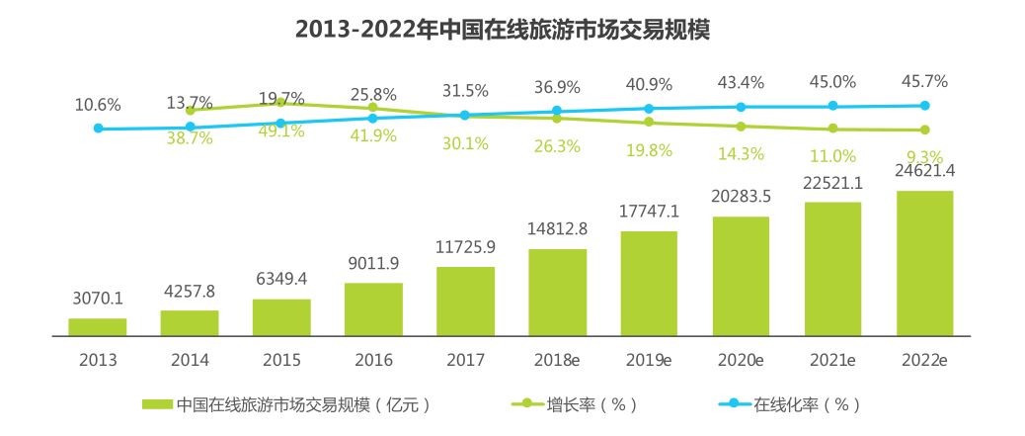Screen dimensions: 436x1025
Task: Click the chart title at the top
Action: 503,29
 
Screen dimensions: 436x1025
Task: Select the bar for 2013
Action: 97,327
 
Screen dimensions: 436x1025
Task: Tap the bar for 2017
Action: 465,302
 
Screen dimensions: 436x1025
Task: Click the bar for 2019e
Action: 649,284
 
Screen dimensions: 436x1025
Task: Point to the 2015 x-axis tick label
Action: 280,360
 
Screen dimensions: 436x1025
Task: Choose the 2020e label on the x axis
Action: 741,360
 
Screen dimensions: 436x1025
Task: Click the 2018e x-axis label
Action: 557,360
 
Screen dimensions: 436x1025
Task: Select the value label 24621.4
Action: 925,174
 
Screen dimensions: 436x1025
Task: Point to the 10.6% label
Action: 97,104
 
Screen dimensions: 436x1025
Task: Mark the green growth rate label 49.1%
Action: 280,131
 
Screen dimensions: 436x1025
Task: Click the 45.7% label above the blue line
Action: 925,79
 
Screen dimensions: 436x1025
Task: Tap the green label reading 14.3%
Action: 741,152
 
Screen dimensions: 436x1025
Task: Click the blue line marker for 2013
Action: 98,128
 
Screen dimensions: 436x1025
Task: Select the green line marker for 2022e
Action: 925,130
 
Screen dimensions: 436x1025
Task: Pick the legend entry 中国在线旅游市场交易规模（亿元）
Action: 286,404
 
